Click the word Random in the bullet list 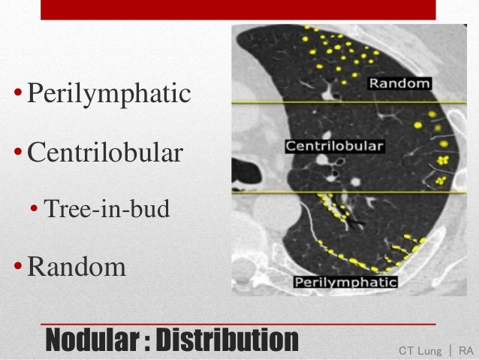pyautogui.click(x=77, y=266)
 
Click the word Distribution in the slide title pyautogui.click(x=224, y=339)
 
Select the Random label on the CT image pyautogui.click(x=399, y=84)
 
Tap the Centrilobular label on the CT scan pyautogui.click(x=334, y=145)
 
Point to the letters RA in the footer pyautogui.click(x=465, y=351)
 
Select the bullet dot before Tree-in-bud pyautogui.click(x=34, y=210)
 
